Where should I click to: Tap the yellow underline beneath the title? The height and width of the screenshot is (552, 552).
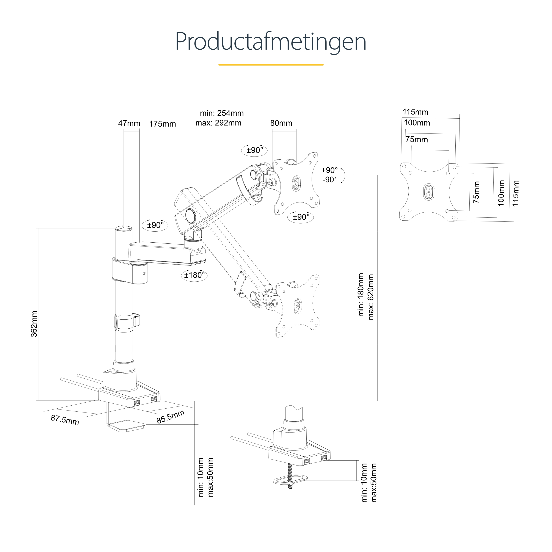(271, 64)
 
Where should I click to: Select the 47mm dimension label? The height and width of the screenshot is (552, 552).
(129, 123)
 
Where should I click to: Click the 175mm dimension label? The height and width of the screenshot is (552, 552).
(162, 124)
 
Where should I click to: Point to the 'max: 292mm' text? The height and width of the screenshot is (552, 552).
(218, 123)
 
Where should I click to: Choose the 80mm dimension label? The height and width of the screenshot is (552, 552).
(281, 123)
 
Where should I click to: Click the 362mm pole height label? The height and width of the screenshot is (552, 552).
(34, 324)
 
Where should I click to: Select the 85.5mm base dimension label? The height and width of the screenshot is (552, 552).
(170, 417)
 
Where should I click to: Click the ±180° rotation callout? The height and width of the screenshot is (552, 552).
(194, 275)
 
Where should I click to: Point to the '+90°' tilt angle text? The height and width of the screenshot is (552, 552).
(329, 170)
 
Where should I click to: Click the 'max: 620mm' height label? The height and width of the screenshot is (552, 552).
(371, 297)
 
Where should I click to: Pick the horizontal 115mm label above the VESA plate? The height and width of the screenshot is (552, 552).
(416, 112)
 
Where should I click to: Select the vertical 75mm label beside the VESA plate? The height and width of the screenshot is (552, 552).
(476, 192)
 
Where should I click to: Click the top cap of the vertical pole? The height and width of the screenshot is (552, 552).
(124, 229)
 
